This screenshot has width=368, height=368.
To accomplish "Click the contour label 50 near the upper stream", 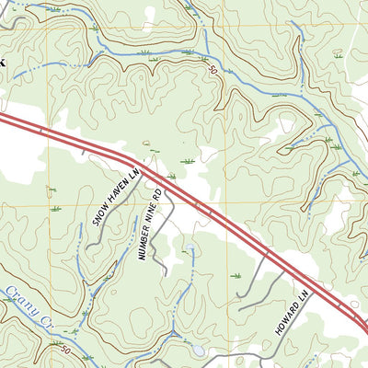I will pos(213,69).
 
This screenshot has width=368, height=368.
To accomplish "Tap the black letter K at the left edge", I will pos(3,62).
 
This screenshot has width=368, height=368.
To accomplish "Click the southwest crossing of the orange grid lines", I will pos(48,204).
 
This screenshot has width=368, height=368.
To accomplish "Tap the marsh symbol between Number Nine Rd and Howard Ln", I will pos(236,275).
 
